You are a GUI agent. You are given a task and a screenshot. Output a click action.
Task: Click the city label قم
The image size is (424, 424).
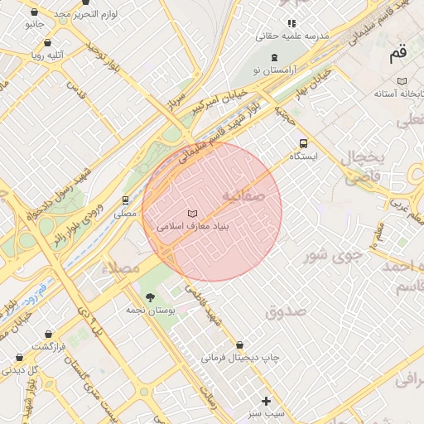[398, 54]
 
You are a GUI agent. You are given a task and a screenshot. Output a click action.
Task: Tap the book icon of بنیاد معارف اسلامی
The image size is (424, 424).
[193, 214]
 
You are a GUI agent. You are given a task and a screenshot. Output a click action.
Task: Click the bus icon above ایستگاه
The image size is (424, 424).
[303, 142]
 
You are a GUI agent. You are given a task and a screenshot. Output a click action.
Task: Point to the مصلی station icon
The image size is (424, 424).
[125, 200]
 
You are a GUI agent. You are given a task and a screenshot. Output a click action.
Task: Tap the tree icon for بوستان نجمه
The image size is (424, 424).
[149, 297]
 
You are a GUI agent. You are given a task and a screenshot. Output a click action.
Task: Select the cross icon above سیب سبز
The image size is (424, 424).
[266, 401]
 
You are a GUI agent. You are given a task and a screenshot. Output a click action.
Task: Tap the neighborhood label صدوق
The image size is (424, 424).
[286, 312]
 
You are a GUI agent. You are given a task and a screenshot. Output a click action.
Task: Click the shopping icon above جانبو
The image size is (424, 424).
[34, 13]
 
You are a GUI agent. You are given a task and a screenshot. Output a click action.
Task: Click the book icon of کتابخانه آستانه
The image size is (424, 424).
[402, 81]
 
